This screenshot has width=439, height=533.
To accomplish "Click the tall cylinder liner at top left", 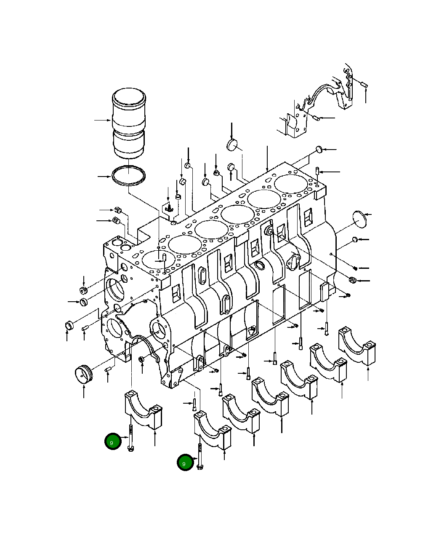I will tap(129, 123).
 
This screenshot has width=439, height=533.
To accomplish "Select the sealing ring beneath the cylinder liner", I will tap(129, 176).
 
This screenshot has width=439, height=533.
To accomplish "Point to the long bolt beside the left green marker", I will tap(131, 438).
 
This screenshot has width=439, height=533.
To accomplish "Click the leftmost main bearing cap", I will tap(143, 409).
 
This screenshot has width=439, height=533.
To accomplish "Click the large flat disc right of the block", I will tap(361, 219).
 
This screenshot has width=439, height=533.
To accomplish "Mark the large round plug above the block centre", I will tap(232, 144).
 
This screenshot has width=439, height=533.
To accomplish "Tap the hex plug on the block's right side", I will tap(352, 280).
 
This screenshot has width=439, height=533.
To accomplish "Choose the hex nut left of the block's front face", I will tap(83, 290).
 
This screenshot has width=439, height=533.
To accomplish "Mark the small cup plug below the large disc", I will tap(354, 240).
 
